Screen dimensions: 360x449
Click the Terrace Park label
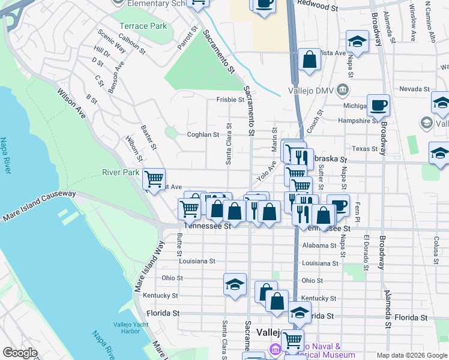pos(143,26)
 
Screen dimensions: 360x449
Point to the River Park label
pos(121,172)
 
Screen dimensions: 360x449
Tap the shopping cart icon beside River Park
pos(154,178)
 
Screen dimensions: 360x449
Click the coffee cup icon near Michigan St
pos(378,104)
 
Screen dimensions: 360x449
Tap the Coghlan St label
pos(203,135)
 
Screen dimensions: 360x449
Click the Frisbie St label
pos(229,100)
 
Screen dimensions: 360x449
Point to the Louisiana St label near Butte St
pos(196,261)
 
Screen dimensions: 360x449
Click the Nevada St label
pos(414,89)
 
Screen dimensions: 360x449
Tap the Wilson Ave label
pos(70,103)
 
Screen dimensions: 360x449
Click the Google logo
pos(20,353)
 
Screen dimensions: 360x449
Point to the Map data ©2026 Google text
pos(411,355)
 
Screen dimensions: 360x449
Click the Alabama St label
pos(319,246)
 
